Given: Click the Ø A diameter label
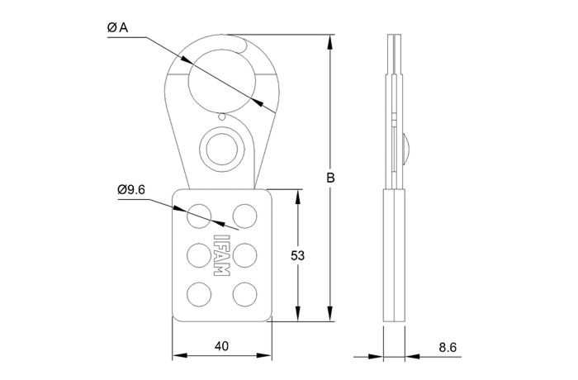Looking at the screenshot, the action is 117,27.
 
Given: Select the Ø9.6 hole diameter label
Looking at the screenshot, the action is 131,190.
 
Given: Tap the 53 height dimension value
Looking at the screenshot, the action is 297,255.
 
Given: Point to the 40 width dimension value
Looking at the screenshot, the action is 221,346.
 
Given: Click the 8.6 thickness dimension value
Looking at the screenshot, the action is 448,347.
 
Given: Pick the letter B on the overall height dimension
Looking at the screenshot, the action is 330,178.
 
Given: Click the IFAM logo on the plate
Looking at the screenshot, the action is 221,255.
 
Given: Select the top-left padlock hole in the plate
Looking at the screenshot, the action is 199,216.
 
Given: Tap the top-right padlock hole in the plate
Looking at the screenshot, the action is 244,216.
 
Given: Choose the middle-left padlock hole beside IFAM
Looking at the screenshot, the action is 199,255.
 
